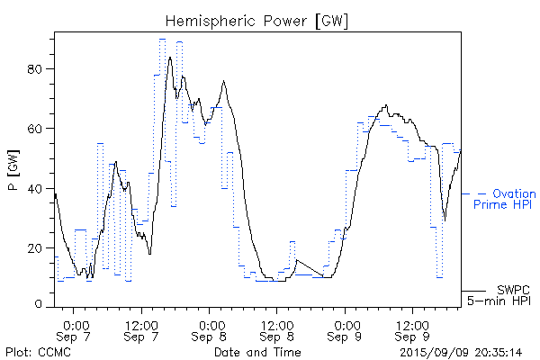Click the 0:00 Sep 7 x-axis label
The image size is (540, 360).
pos(76,329)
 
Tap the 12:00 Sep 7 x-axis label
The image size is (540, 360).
pos(143,329)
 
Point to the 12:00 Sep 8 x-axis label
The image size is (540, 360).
pos(278,329)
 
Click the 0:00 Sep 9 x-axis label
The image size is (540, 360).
pos(346,329)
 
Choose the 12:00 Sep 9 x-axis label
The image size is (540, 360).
pos(413,329)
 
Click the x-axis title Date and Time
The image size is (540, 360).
pos(256,351)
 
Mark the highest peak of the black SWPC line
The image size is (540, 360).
pos(170,58)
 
